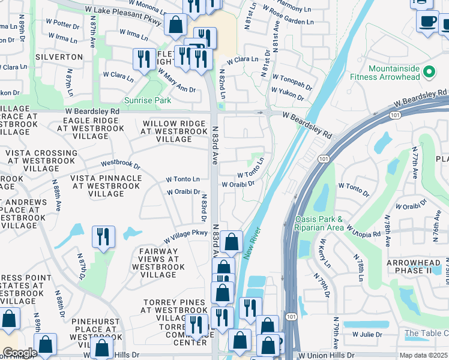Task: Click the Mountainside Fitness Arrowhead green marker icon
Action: [x=429, y=72]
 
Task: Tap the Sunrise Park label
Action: [x=147, y=100]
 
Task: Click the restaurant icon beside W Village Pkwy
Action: [x=103, y=236]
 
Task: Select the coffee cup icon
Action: [x=428, y=21]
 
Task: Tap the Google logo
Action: [x=19, y=353]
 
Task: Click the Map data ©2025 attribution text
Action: [x=424, y=355]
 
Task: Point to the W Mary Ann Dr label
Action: [x=176, y=81]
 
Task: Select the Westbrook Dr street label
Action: [x=120, y=164]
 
